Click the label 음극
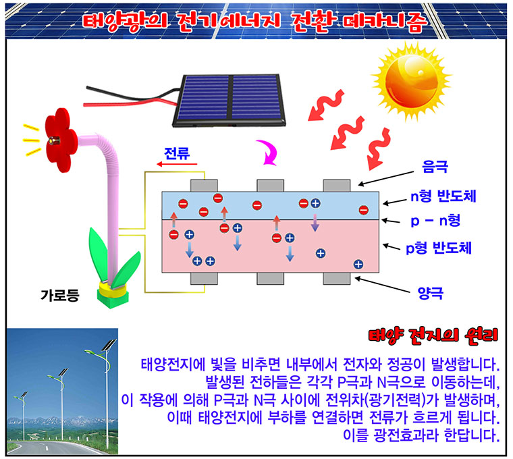coord(435,167)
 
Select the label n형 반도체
coord(443,196)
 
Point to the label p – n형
coord(435,221)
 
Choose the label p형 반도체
coord(439,248)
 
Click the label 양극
coord(431,293)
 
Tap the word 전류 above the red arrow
coord(177,153)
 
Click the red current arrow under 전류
coord(177,164)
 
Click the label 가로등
coord(60,295)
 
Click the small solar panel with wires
coord(229,100)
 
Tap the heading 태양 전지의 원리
coord(433,335)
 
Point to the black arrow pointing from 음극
coord(386,179)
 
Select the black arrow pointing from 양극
coord(383,285)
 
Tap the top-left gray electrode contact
coord(204,186)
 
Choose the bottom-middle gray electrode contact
coord(270,278)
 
